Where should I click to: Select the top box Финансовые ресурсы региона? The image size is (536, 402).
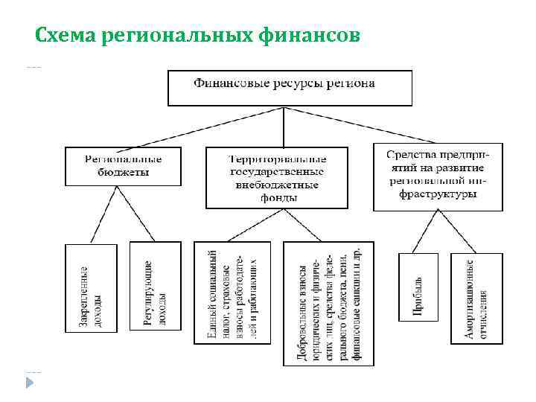coord(290,87)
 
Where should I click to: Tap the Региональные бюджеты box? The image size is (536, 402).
coord(123,166)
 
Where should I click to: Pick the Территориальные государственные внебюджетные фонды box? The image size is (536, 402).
coord(277,177)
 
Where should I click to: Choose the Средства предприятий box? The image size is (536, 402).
coord(438,176)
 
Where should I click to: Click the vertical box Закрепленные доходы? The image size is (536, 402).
coord(92,296)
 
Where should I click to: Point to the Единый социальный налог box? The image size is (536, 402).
coord(232,302)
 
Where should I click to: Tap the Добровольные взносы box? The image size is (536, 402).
coord(328,304)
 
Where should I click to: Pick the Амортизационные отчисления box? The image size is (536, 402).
coord(477,298)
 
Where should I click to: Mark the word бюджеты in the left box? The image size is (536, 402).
coord(123,172)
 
